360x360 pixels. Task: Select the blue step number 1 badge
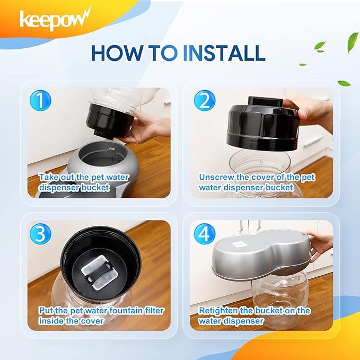click(40, 101)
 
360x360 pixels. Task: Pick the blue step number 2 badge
click(204, 101)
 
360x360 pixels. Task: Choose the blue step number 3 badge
click(40, 234)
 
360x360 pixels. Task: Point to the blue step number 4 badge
click(204, 234)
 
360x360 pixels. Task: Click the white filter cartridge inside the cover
click(100, 273)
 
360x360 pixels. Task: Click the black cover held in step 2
click(262, 125)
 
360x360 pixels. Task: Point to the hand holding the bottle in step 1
click(145, 126)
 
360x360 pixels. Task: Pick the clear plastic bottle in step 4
click(280, 298)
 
